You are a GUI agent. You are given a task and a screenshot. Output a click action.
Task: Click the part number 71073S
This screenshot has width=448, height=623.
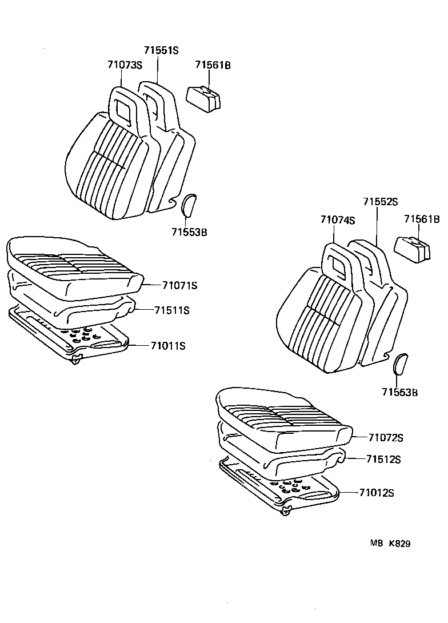point(124,65)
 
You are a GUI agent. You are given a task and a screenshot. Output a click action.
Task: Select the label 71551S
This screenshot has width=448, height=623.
point(161,50)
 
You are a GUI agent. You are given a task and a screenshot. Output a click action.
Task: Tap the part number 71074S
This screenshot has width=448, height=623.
point(337,219)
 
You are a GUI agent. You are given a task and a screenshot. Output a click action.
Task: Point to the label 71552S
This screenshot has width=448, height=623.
point(380,202)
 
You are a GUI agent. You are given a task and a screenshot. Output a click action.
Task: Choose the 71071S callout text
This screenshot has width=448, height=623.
point(179,285)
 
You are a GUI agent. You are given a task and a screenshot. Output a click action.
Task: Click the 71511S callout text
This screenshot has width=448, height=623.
point(171,310)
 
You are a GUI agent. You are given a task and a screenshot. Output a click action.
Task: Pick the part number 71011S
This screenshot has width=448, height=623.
point(169,345)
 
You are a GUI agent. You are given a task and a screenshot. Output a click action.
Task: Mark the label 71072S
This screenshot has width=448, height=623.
point(386,438)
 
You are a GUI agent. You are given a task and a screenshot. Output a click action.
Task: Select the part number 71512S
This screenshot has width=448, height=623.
point(383,460)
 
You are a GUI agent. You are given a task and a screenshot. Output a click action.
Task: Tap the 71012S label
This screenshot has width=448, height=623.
point(377,493)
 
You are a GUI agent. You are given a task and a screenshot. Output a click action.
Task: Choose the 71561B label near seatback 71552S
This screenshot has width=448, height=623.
point(422,219)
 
